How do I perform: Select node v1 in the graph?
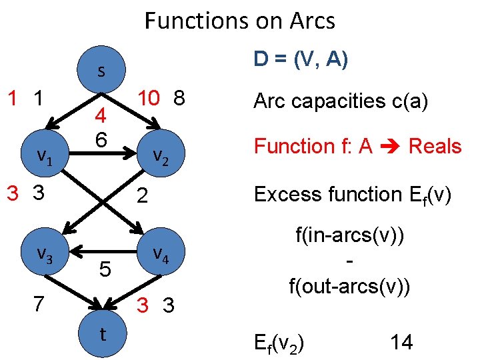(45, 156)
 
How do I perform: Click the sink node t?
(102, 335)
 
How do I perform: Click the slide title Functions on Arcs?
(240, 21)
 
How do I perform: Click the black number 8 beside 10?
(178, 98)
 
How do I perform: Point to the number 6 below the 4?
(101, 140)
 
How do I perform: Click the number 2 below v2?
(141, 196)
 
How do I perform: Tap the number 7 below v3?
(39, 304)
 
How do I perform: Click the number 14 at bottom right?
(401, 343)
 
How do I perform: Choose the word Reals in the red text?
(435, 146)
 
